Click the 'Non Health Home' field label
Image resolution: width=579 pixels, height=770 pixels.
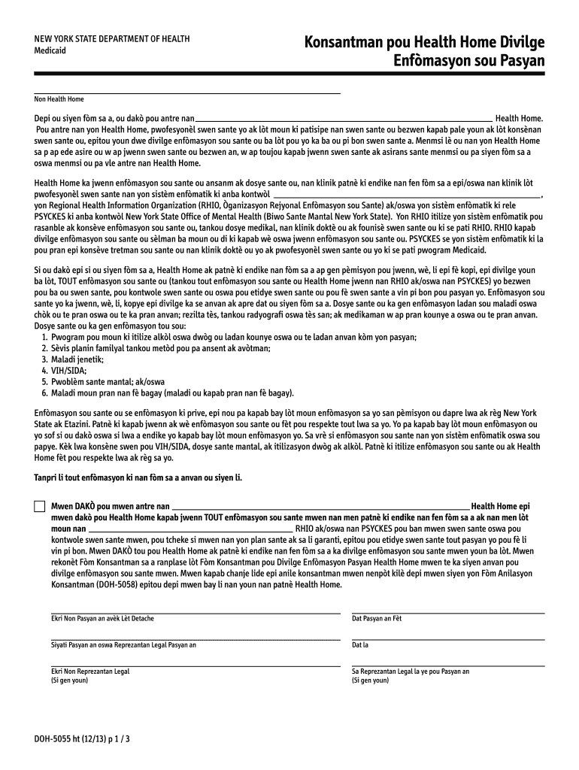pyautogui.click(x=59, y=99)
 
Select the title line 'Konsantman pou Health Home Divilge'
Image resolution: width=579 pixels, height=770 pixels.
pyautogui.click(x=424, y=43)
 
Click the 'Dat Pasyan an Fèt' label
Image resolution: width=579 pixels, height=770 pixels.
pyautogui.click(x=377, y=618)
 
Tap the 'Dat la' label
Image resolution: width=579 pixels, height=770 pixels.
pyautogui.click(x=360, y=644)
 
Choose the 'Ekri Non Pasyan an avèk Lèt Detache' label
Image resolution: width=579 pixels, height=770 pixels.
pyautogui.click(x=102, y=618)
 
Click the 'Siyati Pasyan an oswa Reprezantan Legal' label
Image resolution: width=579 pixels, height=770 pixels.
pyautogui.click(x=123, y=644)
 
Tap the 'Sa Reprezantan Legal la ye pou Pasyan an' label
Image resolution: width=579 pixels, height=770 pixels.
pyautogui.click(x=411, y=671)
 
